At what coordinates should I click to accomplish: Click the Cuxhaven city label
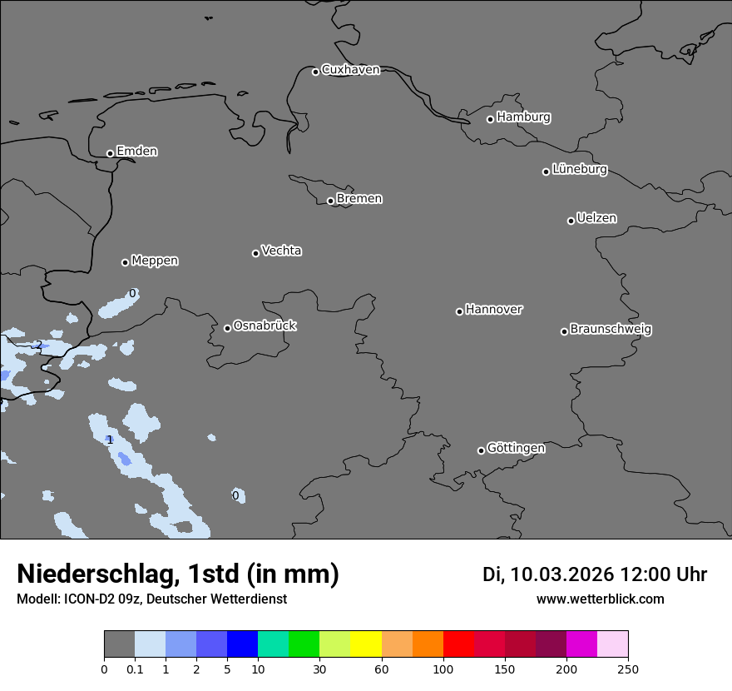[x=350, y=70]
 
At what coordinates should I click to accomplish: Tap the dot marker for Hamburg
[x=490, y=119]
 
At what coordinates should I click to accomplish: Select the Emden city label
[x=136, y=152]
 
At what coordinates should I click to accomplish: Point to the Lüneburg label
[x=579, y=170]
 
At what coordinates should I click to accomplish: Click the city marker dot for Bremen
[x=330, y=201]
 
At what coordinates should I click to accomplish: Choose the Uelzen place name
[x=596, y=219]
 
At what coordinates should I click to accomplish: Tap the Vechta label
[x=281, y=251]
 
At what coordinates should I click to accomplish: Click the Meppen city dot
[x=125, y=262]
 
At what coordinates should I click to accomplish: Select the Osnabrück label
[x=265, y=326]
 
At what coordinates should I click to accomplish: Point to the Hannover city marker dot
[x=459, y=311]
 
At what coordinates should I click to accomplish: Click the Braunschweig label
[x=611, y=330]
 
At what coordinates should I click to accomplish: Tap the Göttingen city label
[x=516, y=449]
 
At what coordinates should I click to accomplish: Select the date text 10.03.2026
[x=561, y=574]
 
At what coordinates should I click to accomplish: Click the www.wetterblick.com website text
[x=600, y=599]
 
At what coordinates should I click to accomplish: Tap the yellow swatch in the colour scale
[x=366, y=644]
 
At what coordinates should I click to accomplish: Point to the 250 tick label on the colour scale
[x=628, y=669]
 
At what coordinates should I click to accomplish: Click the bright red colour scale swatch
[x=458, y=644]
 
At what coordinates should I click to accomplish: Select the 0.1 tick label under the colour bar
[x=135, y=669]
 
